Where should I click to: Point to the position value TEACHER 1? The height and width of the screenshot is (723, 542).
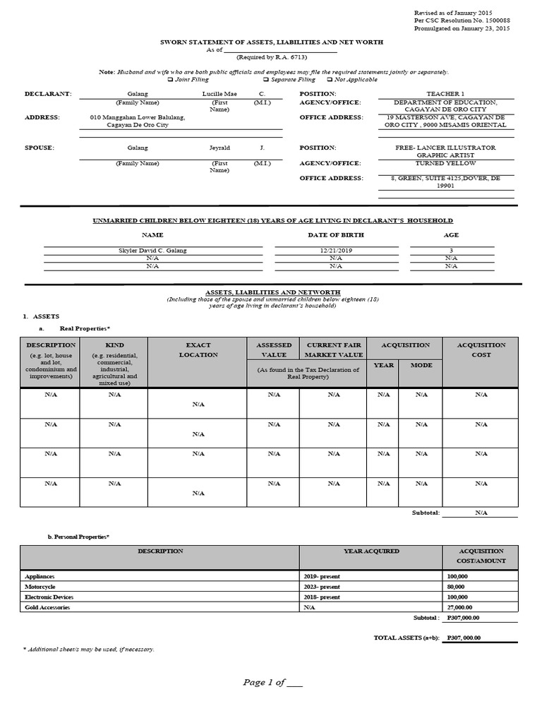point(445,94)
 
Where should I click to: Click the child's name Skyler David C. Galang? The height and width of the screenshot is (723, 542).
point(152,251)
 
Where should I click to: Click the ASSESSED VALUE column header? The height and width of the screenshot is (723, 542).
point(273,349)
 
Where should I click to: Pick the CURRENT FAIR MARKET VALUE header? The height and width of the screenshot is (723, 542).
point(334,349)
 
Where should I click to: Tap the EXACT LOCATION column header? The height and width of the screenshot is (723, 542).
point(198,349)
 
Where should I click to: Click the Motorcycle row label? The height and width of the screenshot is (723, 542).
point(40,587)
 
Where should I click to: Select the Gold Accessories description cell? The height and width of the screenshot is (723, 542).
point(47,607)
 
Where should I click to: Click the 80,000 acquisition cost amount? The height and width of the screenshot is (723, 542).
point(456,587)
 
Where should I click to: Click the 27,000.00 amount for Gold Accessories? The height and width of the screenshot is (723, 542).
point(461,607)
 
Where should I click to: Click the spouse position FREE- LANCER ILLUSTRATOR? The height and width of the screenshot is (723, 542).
point(445,148)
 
